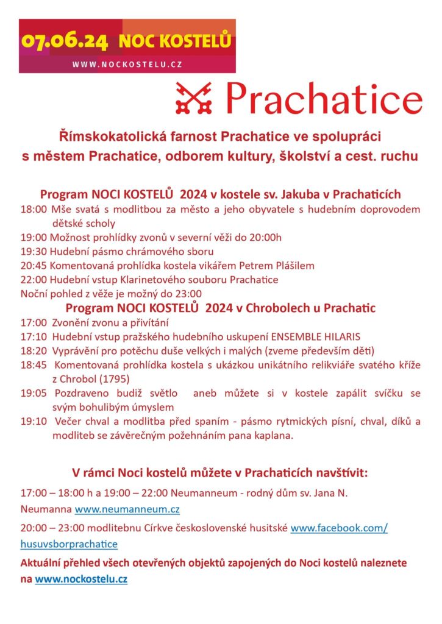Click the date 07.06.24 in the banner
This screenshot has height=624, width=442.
(65, 41)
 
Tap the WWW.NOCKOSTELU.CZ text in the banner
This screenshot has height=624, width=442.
(127, 64)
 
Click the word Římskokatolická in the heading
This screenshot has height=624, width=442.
(116, 133)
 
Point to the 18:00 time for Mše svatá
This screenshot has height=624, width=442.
(32, 210)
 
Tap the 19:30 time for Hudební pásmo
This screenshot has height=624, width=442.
(32, 252)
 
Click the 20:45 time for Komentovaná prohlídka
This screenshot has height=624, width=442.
(32, 266)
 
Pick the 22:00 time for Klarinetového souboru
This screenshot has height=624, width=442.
(32, 280)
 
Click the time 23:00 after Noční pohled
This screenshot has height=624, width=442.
(188, 294)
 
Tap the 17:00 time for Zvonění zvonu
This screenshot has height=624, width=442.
(33, 322)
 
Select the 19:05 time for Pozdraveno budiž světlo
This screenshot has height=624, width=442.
(33, 393)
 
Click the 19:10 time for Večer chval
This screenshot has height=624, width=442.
(33, 421)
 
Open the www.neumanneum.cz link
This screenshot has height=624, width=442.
(127, 509)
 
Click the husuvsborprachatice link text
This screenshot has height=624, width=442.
(69, 544)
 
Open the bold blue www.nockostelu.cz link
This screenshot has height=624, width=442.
(81, 580)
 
